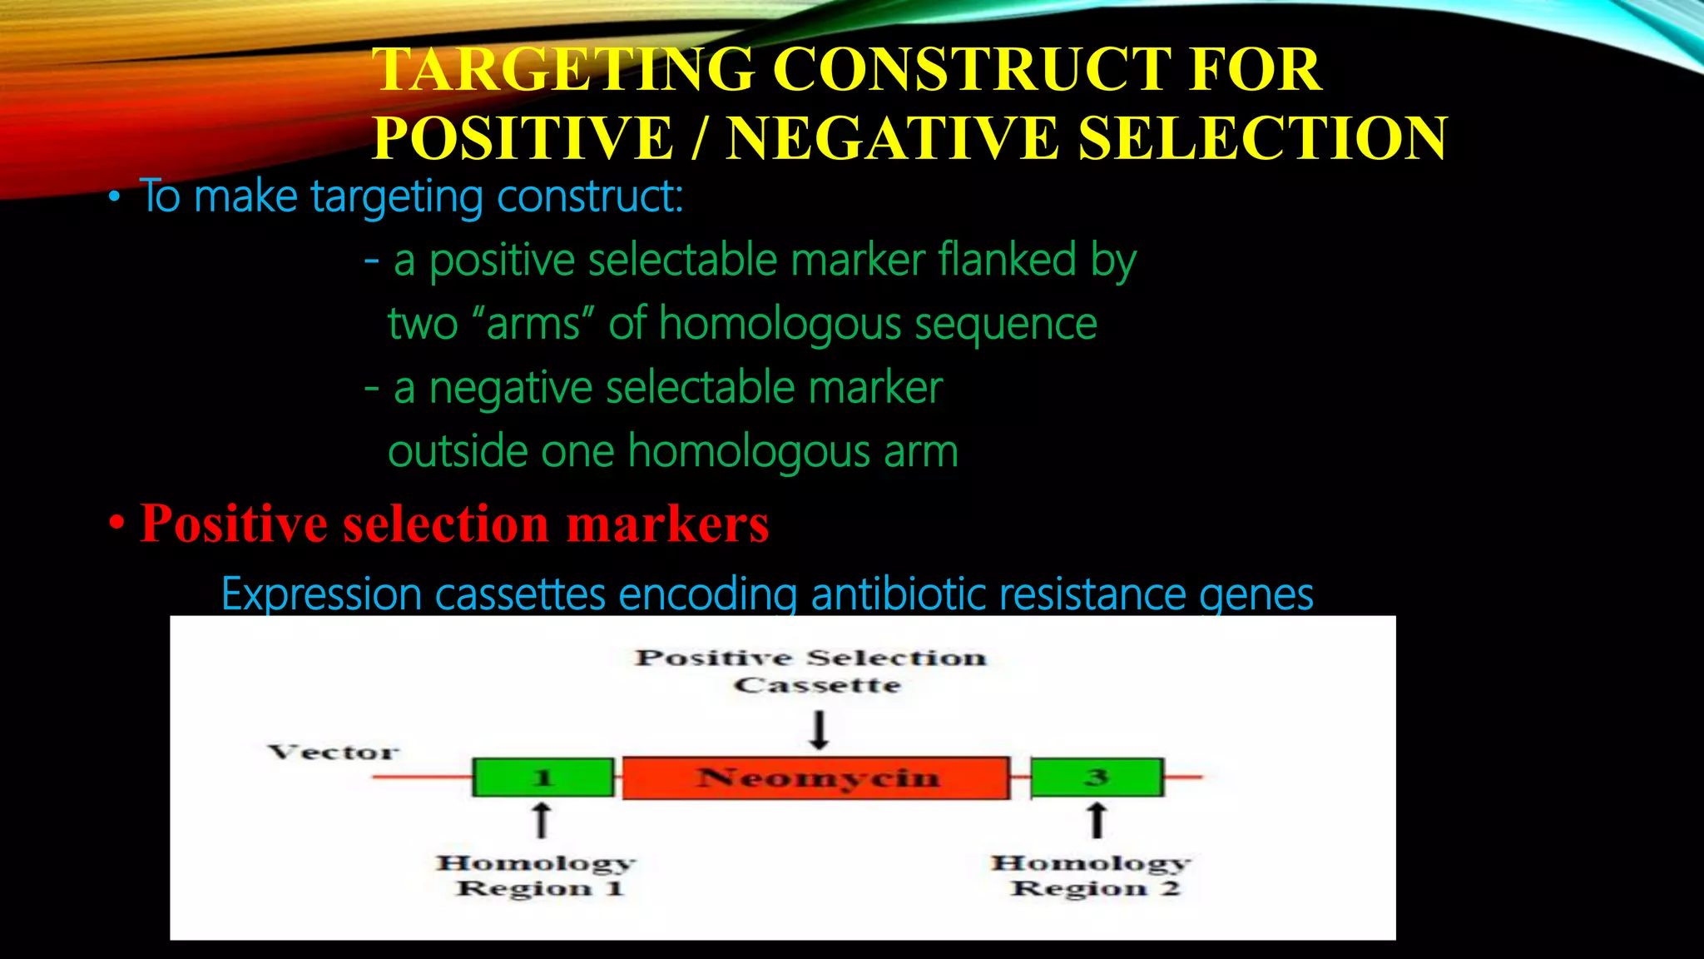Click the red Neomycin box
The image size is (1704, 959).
pos(816,778)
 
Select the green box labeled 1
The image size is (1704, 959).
pos(542,778)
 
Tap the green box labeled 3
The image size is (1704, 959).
pos(1097,778)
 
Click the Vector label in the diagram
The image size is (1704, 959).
pos(334,753)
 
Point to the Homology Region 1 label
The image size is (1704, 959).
pos(537,875)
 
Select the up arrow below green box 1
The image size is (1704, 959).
pos(542,819)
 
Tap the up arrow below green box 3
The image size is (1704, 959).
pos(1097,819)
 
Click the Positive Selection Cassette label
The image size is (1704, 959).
pos(811,671)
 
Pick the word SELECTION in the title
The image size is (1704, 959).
pos(1262,138)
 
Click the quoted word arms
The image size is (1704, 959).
pos(532,324)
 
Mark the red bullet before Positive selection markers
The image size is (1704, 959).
pos(117,524)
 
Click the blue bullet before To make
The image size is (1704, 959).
pos(115,198)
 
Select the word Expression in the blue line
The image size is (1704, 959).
pos(321,594)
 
